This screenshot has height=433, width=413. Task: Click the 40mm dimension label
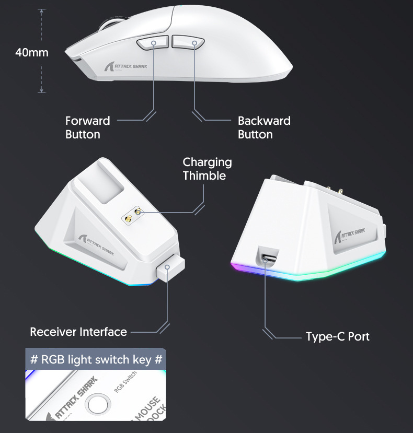pos(31,53)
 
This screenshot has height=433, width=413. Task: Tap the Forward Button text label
pos(87,127)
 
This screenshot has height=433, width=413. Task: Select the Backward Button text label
pos(263,127)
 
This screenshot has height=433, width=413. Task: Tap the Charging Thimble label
pos(207,169)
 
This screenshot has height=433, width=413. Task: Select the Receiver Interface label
pos(78,332)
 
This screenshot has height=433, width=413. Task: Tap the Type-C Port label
pos(337,336)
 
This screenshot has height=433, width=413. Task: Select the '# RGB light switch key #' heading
pos(96,359)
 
